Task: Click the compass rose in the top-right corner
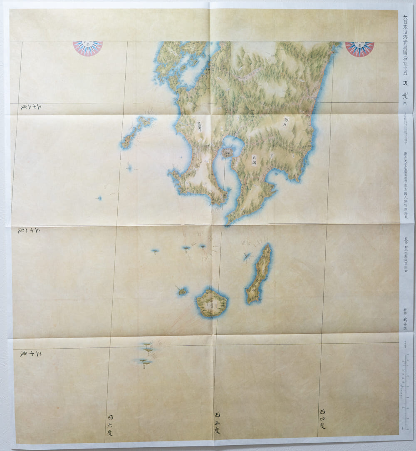tap(360, 48)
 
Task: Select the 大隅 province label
tap(254, 160)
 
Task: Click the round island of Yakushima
tap(211, 302)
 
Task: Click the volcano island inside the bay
tap(227, 153)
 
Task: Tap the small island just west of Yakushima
tap(182, 291)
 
